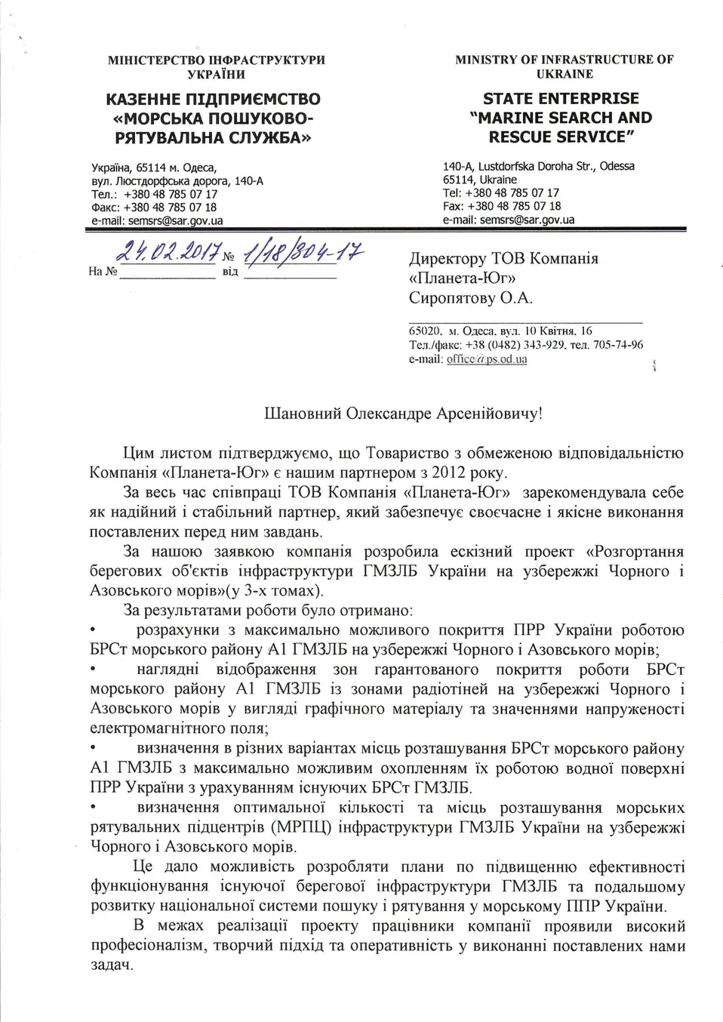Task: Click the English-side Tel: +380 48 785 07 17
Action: click(500, 192)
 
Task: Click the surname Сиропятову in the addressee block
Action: click(452, 298)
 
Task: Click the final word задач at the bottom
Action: click(112, 965)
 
